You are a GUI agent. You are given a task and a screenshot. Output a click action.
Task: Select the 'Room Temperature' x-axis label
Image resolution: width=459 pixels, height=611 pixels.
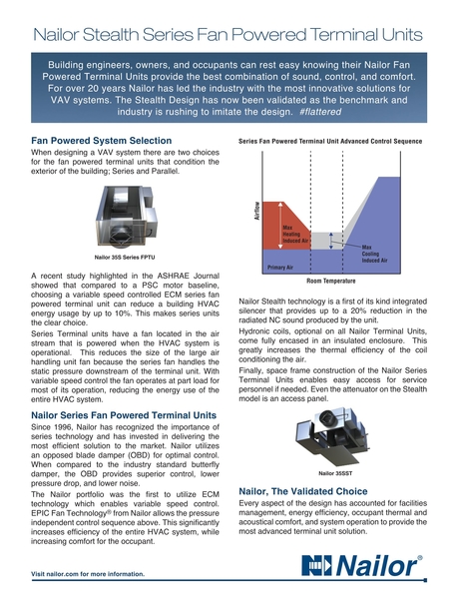coord(338,283)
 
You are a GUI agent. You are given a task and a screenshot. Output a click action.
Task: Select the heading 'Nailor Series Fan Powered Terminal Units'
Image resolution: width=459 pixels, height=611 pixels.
coord(125,414)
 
